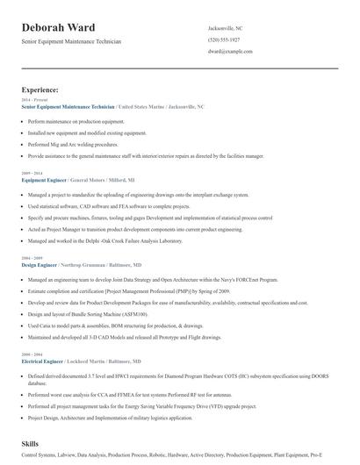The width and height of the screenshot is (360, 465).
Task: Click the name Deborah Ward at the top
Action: [x=59, y=27]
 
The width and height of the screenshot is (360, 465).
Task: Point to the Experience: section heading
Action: [x=40, y=89]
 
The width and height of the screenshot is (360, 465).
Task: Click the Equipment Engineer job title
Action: [x=45, y=180]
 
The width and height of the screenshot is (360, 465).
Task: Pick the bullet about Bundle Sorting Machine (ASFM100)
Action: [x=88, y=313]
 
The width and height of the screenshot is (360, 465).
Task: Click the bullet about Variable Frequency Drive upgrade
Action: [x=135, y=407]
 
